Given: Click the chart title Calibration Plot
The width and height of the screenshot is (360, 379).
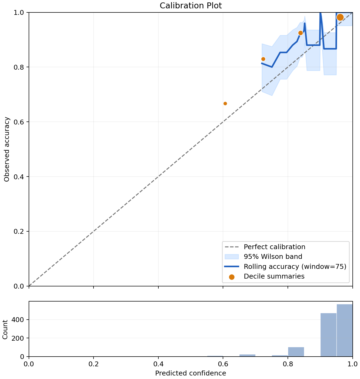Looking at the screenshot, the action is [x=191, y=6].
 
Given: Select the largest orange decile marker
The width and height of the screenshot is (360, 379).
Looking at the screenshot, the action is [x=340, y=17].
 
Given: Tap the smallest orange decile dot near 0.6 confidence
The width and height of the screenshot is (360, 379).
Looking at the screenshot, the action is [x=225, y=103].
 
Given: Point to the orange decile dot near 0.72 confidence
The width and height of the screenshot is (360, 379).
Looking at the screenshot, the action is [x=263, y=59].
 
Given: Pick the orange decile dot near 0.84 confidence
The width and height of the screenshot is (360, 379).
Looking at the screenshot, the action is [x=300, y=33].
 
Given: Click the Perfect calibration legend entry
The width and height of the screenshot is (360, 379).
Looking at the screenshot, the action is [x=265, y=247].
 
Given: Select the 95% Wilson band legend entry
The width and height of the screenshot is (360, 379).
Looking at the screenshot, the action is [x=264, y=257].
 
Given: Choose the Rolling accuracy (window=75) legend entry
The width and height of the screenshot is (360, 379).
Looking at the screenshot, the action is [x=285, y=266].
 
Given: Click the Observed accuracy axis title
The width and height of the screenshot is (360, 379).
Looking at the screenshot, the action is [x=6, y=149].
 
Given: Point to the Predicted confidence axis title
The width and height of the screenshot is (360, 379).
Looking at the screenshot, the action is [x=191, y=373].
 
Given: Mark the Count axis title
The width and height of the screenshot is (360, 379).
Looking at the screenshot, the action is [x=5, y=329].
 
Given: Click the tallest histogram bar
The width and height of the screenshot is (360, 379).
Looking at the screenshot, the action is [x=345, y=330].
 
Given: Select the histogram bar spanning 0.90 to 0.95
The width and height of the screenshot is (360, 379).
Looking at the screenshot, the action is [x=328, y=335].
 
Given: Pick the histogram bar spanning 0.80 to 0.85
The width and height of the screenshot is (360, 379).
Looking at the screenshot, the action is [x=296, y=352].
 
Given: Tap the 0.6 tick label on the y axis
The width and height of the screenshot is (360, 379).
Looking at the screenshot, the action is [x=19, y=122].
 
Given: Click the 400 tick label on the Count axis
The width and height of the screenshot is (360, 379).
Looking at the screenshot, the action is [x=18, y=320].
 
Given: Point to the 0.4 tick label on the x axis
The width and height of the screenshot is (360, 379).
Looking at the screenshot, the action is [x=158, y=364].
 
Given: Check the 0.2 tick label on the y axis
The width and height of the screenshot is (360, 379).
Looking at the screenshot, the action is [x=19, y=231].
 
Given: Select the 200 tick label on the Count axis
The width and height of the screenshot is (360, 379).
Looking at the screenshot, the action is [x=18, y=338].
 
